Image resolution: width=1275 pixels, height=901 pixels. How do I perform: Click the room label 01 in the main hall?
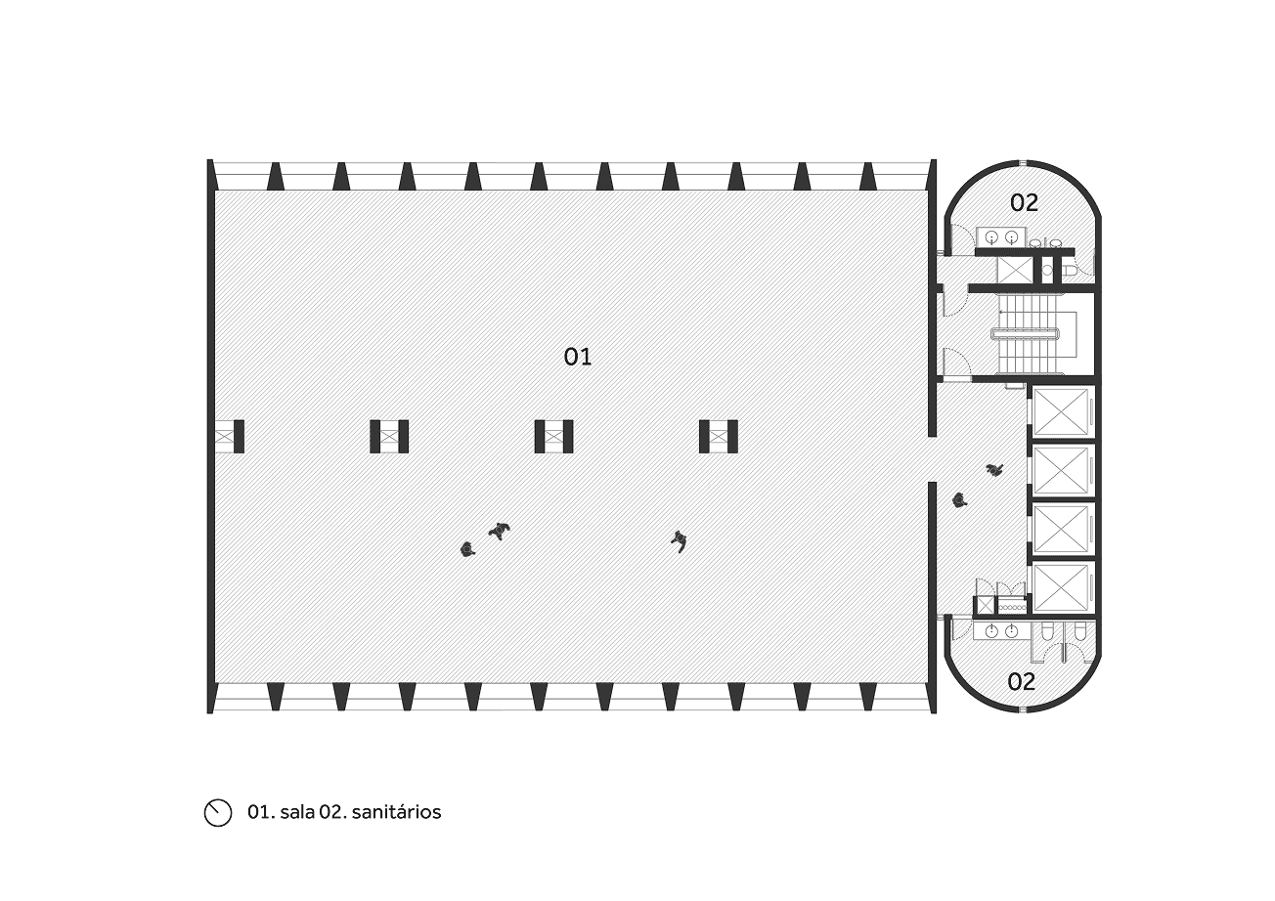click(x=578, y=357)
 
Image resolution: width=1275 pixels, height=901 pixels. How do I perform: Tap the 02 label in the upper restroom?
click(x=1024, y=203)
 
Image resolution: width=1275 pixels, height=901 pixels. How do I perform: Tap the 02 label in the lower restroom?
click(x=1021, y=682)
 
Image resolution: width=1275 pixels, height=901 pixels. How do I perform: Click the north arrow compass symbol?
click(x=217, y=812)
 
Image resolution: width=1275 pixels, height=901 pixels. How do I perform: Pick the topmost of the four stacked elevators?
click(x=1062, y=412)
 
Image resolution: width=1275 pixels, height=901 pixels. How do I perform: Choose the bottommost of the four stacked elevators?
click(x=1062, y=588)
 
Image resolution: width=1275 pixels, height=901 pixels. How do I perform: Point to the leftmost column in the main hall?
click(x=230, y=436)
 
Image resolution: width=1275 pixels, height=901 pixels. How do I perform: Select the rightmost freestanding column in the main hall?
click(x=719, y=436)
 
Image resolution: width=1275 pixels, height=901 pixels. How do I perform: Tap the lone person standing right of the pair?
click(x=679, y=539)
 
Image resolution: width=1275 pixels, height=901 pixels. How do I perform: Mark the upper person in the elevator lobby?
click(x=995, y=470)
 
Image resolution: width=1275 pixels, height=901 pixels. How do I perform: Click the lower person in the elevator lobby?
click(x=960, y=501)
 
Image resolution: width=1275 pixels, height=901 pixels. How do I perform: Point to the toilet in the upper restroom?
click(x=1069, y=269)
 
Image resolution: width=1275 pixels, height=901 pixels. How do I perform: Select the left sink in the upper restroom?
click(x=991, y=236)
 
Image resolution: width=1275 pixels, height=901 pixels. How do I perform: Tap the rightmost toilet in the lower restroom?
click(x=1079, y=636)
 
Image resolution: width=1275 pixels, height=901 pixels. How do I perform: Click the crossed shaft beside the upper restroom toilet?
click(x=1015, y=270)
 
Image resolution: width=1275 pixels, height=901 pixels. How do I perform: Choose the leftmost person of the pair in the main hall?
click(x=467, y=549)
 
